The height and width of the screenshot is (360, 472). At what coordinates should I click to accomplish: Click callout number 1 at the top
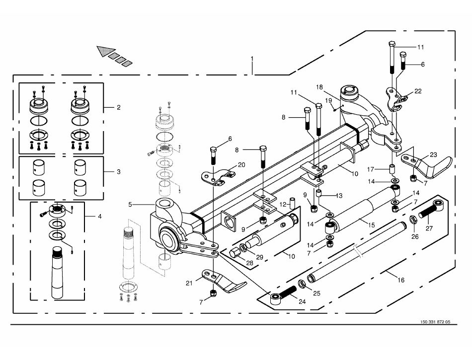(x=252, y=59)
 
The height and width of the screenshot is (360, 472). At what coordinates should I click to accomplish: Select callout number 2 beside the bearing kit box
(x=118, y=107)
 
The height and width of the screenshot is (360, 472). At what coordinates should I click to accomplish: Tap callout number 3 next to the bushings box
(x=118, y=172)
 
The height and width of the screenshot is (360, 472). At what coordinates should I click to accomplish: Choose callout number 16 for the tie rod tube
(x=401, y=281)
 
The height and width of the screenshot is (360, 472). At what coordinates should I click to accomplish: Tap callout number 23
(x=433, y=154)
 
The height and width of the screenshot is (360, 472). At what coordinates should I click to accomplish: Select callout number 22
(x=418, y=91)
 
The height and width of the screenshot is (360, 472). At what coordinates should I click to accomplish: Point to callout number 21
(x=189, y=283)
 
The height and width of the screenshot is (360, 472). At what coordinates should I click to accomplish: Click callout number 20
(x=241, y=164)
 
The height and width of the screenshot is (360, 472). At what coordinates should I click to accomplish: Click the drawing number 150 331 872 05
(x=434, y=322)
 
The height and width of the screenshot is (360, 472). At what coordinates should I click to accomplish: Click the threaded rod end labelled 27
(x=428, y=213)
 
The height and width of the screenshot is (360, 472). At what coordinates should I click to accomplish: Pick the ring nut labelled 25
(x=301, y=285)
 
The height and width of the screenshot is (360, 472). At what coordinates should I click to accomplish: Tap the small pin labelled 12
(x=293, y=204)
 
